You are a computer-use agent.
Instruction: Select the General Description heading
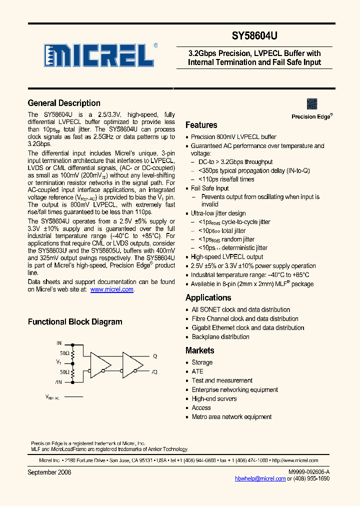pyautogui.click(x=64, y=103)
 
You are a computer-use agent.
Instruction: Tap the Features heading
pyautogui.click(x=201, y=125)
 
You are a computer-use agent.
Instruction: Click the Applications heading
pyautogui.click(x=208, y=297)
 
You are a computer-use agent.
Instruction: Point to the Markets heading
pyautogui.click(x=199, y=350)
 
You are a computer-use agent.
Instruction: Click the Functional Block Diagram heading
pyautogui.click(x=75, y=322)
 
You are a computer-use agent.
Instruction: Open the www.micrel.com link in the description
pyautogui.click(x=112, y=289)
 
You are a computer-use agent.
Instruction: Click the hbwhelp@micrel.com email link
pyautogui.click(x=260, y=478)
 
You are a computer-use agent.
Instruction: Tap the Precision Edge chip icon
pyautogui.click(x=312, y=103)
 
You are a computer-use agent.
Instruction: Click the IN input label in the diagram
pyautogui.click(x=59, y=343)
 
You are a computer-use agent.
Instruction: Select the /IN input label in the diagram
pyautogui.click(x=58, y=382)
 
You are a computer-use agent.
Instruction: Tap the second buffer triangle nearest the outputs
pyautogui.click(x=131, y=363)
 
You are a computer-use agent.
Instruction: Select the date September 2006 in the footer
pyautogui.click(x=49, y=472)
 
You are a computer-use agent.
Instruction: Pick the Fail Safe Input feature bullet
pyautogui.click(x=209, y=188)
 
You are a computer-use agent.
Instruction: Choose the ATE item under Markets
pyautogui.click(x=197, y=371)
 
